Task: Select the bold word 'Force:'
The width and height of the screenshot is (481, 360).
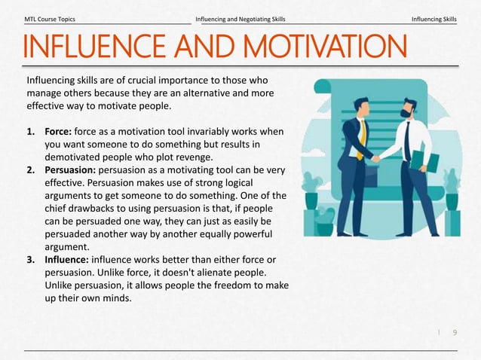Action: coord(60,132)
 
